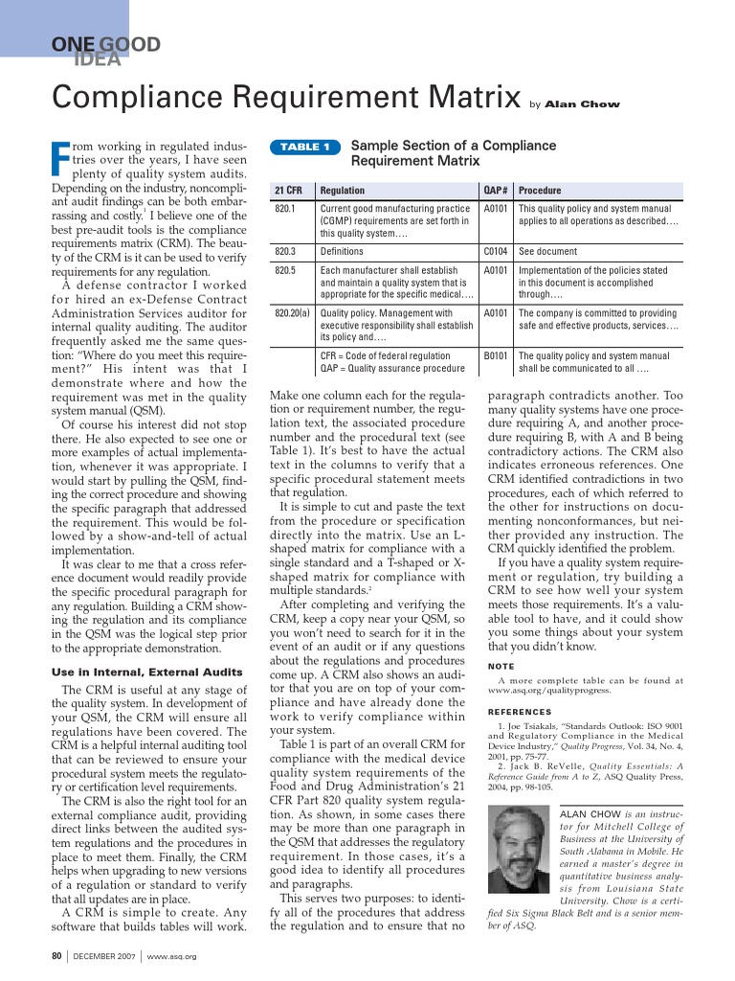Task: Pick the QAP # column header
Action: point(496,191)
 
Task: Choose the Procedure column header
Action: point(540,191)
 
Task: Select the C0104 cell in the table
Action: point(496,251)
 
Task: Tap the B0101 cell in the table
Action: point(496,355)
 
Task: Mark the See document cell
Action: point(547,251)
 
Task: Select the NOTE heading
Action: point(501,665)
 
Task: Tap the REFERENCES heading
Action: point(520,712)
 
